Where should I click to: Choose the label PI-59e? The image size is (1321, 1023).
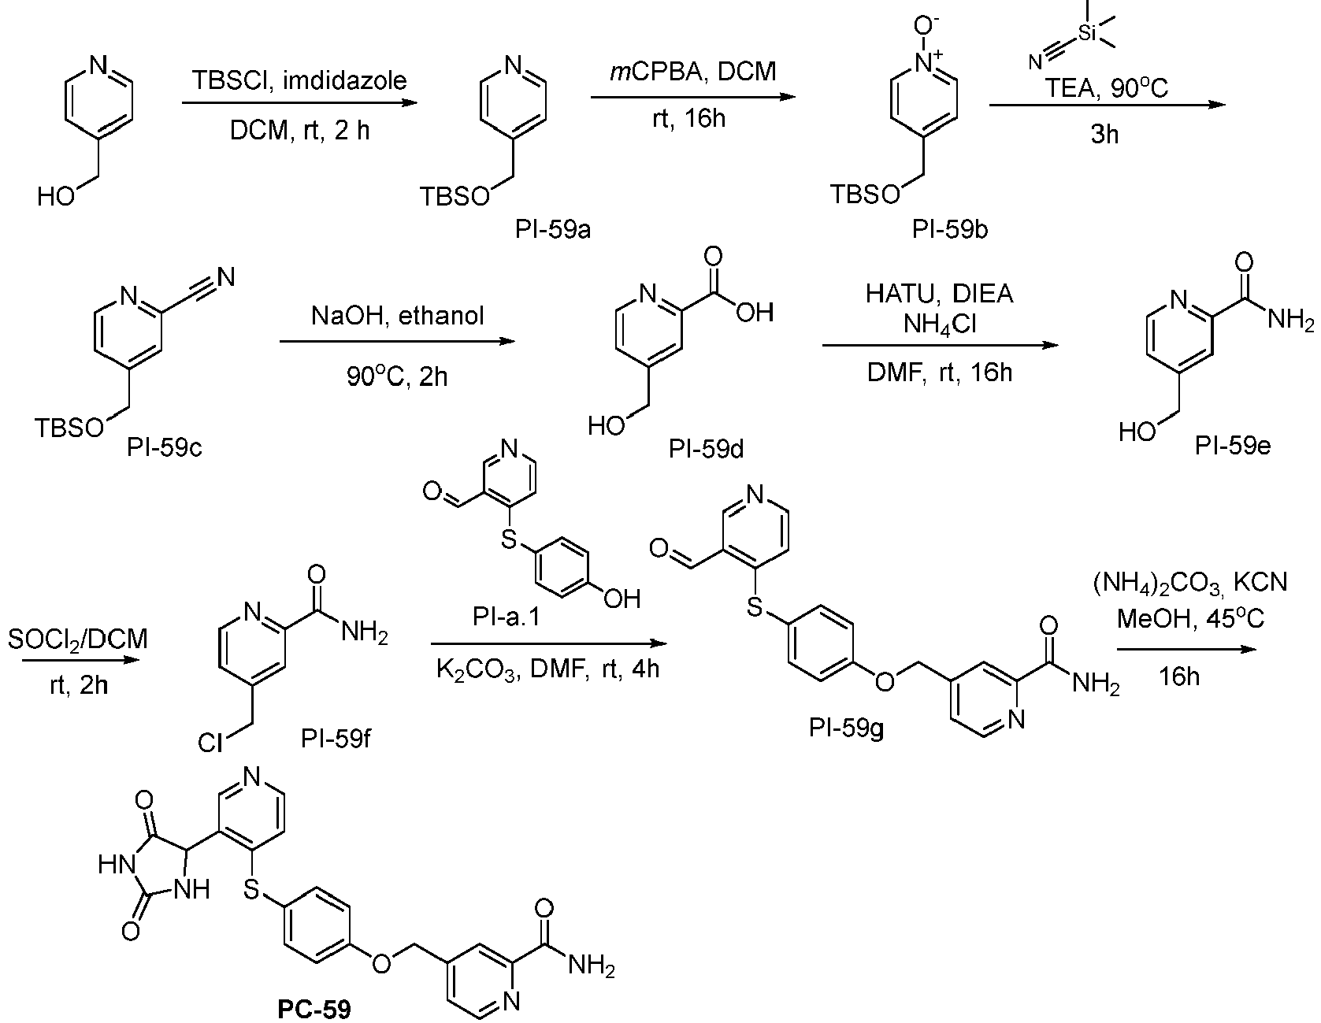point(1232,447)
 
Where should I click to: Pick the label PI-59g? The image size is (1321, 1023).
point(847,729)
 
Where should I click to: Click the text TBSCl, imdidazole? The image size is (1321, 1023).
point(300,80)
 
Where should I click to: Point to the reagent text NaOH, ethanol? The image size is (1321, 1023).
point(398,316)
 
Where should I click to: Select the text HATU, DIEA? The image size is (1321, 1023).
point(940,295)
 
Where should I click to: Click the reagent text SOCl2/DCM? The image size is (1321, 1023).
point(78,640)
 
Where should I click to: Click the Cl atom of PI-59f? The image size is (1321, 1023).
point(210,742)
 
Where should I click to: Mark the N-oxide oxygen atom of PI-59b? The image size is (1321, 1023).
point(932,24)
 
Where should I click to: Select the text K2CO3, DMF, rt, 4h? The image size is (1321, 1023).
point(548,669)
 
